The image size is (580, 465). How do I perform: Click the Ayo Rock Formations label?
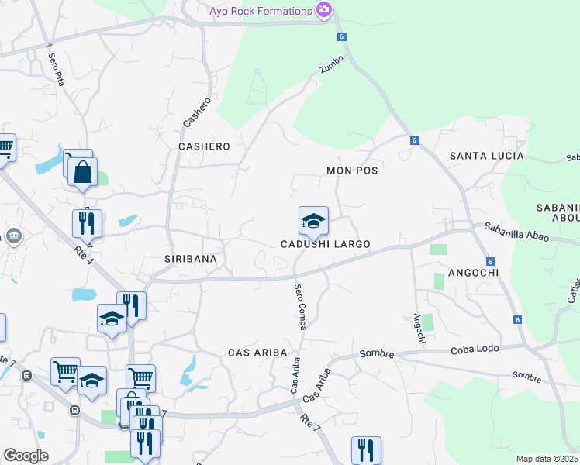[x=261, y=11]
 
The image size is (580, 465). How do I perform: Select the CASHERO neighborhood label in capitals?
[x=204, y=146]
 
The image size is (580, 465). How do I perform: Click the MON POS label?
[x=352, y=170]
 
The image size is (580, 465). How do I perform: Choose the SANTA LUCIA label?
[x=487, y=156]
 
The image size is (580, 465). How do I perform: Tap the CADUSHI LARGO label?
[x=325, y=244]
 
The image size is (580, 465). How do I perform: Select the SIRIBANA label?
[x=189, y=258]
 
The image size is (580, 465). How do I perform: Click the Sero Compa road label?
[x=299, y=307]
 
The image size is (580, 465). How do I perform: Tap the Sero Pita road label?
[x=56, y=69]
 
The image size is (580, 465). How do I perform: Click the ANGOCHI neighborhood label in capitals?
[x=472, y=273]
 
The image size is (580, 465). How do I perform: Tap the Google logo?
[x=26, y=456]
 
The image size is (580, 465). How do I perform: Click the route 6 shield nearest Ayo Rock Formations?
[x=340, y=37]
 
